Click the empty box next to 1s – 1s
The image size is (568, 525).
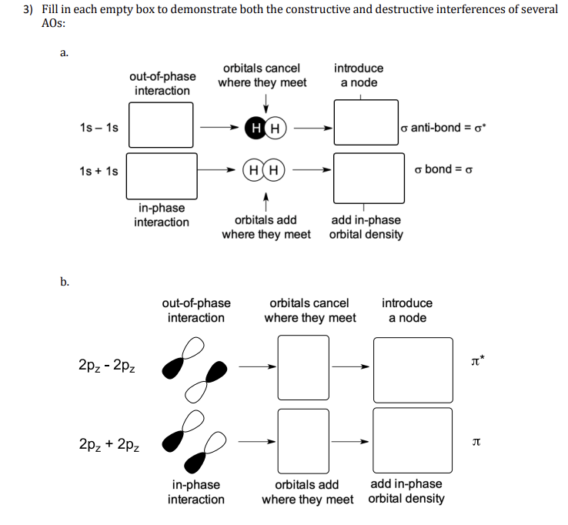(x=160, y=125)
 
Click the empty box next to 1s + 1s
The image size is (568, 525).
(x=162, y=175)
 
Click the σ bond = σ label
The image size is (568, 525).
(x=443, y=169)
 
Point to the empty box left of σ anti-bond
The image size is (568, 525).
(x=366, y=122)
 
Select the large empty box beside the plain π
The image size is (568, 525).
(x=413, y=440)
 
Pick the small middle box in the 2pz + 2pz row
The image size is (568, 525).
(x=303, y=440)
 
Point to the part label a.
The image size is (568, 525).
(x=65, y=53)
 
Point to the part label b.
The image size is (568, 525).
(x=65, y=282)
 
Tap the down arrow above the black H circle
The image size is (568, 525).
(x=266, y=102)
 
